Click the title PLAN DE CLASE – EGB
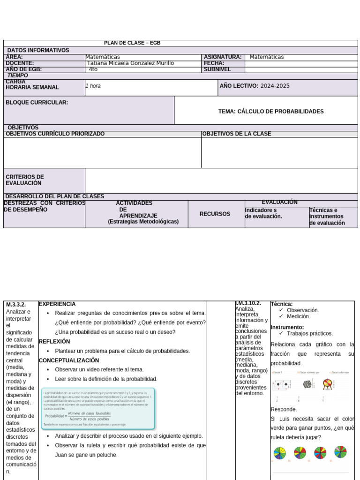click(x=132, y=43)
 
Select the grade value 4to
click(x=93, y=69)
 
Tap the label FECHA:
click(x=214, y=63)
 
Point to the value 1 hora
click(x=93, y=86)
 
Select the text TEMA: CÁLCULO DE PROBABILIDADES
click(x=270, y=112)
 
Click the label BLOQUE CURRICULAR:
click(x=37, y=102)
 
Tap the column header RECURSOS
click(x=215, y=214)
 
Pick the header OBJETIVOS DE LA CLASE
click(x=236, y=134)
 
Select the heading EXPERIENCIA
click(x=57, y=304)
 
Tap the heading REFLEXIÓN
click(x=54, y=342)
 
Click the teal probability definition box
click(x=98, y=409)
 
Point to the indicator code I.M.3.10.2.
click(x=248, y=303)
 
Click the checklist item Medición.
click(x=298, y=316)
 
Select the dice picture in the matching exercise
click(x=307, y=384)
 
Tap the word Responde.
click(x=284, y=409)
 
